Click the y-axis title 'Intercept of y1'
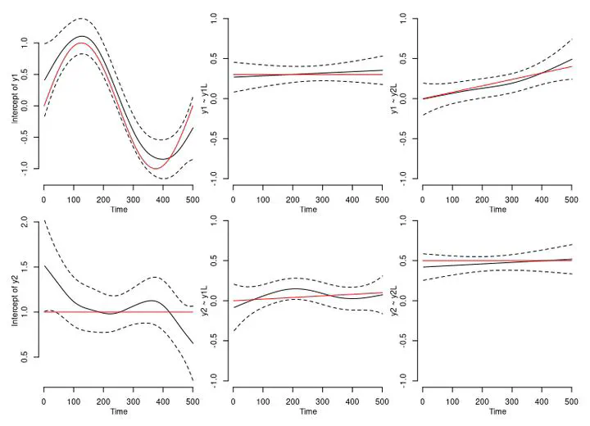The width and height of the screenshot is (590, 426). pyautogui.click(x=15, y=97)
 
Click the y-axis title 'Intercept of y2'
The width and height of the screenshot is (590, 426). pyautogui.click(x=15, y=301)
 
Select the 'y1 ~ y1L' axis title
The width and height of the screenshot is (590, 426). pyautogui.click(x=205, y=97)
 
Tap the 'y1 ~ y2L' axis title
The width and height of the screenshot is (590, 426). pyautogui.click(x=394, y=97)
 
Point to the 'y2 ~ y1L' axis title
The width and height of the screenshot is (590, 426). pyautogui.click(x=205, y=301)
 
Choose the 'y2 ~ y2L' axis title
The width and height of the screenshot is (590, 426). pyautogui.click(x=394, y=301)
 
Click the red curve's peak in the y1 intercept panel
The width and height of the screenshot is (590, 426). pyautogui.click(x=102, y=43)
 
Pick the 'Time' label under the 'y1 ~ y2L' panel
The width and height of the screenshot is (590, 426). pyautogui.click(x=497, y=210)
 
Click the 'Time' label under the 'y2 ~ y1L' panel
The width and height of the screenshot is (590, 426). pyautogui.click(x=308, y=412)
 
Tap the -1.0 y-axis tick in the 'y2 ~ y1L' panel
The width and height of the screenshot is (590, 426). pyautogui.click(x=216, y=378)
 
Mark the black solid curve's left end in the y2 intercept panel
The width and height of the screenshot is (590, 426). pyautogui.click(x=44, y=266)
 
